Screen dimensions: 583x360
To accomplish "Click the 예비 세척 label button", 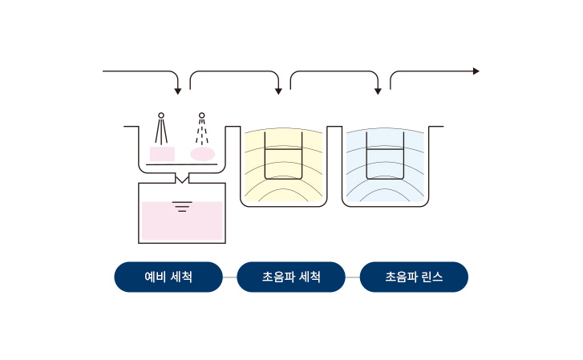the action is pos(168,277).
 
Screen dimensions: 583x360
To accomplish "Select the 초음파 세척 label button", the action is pos(291,277).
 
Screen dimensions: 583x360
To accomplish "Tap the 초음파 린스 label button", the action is pos(414,277).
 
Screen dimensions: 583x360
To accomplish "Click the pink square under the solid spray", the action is pos(162,154).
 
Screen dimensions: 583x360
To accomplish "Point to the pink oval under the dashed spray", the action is pos(203,154).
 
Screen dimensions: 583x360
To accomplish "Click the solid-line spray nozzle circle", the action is pos(161,115).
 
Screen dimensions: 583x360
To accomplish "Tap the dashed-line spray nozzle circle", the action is pos(201,115).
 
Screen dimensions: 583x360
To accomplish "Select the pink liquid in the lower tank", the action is pos(182,221).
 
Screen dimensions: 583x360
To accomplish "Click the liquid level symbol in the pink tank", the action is pos(182,206).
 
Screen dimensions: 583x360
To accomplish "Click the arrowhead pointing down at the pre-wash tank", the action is pos(178,91).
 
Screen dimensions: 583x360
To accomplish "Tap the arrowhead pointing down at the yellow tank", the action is pos(278,91).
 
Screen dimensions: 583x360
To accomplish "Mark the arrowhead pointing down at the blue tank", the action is pos(379,91).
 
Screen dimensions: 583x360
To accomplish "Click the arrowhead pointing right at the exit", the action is pos(476,71).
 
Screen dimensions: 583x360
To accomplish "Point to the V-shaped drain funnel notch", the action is pos(182,180).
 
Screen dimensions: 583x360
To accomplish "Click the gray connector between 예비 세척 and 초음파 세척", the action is pos(230,277).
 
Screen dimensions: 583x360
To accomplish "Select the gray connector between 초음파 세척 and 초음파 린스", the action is pos(353,277).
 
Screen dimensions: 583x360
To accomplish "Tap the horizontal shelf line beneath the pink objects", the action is pos(181,164).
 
